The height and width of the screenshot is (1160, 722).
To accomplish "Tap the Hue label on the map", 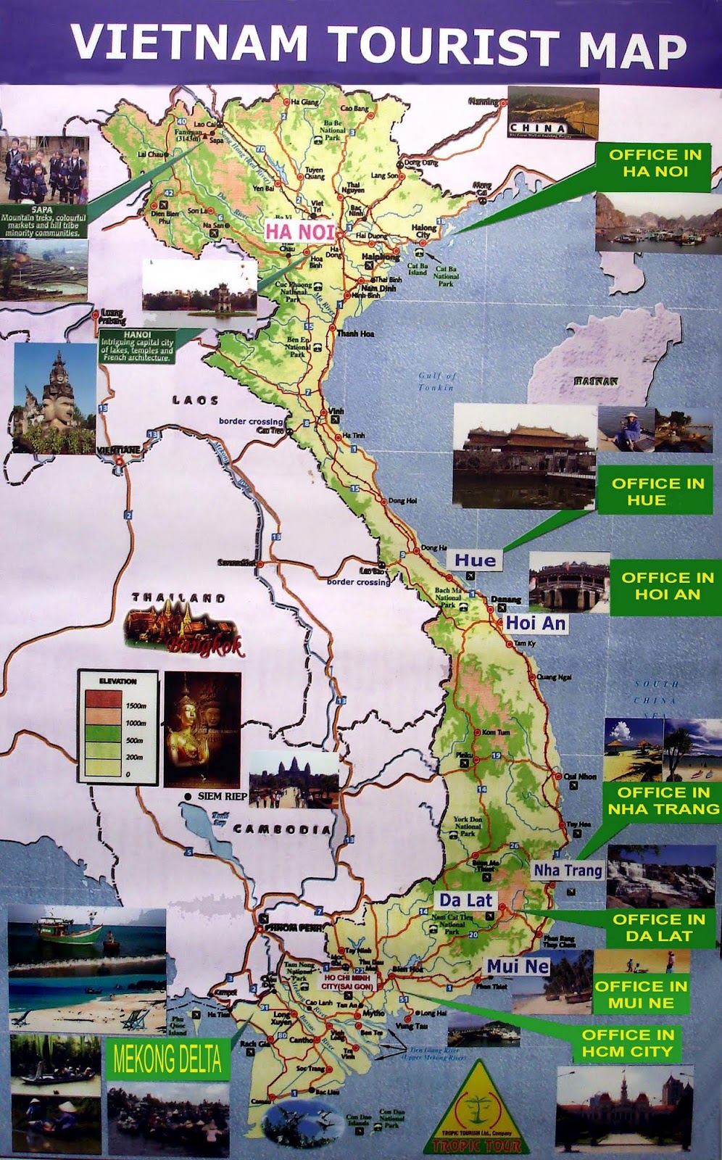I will (476, 560).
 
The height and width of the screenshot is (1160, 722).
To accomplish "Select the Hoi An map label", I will (536, 623).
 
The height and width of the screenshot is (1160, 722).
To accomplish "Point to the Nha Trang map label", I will (568, 870).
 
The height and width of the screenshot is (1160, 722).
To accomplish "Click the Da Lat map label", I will (466, 900).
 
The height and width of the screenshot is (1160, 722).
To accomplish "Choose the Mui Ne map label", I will (518, 966).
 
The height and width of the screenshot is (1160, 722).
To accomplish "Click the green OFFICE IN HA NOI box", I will (655, 164).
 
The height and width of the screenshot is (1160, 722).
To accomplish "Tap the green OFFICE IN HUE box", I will (657, 492).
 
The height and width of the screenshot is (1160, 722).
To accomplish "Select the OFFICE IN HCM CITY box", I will (627, 1043).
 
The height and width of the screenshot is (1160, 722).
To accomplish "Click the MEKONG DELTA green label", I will (167, 1060).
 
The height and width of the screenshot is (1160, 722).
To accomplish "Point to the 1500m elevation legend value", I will (136, 705).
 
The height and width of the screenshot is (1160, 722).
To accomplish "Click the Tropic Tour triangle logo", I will (476, 1110).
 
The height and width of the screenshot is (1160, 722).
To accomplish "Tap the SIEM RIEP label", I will (222, 796).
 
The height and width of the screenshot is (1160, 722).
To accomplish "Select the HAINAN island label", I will (596, 381).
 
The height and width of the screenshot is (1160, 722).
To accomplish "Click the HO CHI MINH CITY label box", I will (348, 982).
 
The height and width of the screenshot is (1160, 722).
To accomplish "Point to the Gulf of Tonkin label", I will (437, 381).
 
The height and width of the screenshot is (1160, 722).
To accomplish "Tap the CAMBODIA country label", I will (282, 829).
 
